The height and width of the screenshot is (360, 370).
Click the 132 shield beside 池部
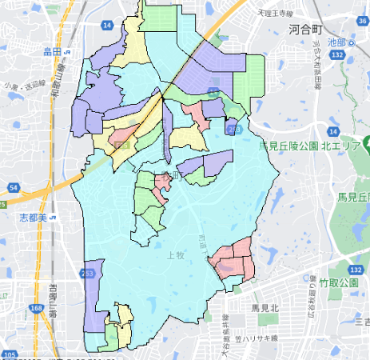339,55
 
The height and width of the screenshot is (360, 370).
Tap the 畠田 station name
54,52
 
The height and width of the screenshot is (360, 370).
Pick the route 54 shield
14,186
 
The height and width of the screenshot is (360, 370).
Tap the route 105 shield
10,354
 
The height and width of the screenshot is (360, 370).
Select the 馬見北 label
264,307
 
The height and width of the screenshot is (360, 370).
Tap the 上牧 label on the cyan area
177,256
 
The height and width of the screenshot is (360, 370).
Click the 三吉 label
361,322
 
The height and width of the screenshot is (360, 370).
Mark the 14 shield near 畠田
106,26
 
